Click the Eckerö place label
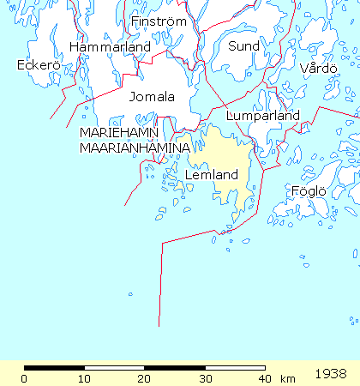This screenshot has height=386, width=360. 35,65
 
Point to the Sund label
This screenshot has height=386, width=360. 243,45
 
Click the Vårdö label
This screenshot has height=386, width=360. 319,69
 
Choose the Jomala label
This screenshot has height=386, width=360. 152,97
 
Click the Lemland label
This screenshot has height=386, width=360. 211,175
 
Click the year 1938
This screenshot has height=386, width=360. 331,375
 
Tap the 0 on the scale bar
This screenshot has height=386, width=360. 24,379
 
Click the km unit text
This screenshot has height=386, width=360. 287,379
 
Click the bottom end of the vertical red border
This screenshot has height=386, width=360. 159,326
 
